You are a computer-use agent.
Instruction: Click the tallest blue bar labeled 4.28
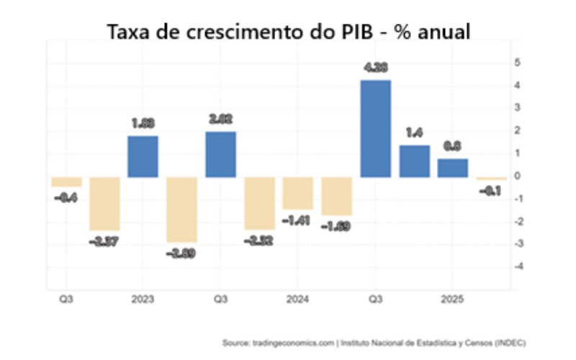(x=375, y=128)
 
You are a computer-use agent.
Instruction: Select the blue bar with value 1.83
(x=143, y=156)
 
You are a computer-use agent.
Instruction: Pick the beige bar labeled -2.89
(x=181, y=210)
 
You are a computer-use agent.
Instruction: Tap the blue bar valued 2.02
(x=220, y=154)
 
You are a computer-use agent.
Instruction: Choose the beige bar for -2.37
(x=104, y=204)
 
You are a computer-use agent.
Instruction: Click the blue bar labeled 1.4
(x=414, y=161)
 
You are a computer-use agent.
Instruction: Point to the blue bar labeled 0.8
(x=453, y=168)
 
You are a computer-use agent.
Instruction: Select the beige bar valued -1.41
(x=297, y=193)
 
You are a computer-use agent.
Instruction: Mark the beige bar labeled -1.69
(x=336, y=196)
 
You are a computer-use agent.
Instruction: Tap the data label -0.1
(x=492, y=191)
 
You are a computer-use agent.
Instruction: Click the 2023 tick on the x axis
(x=143, y=299)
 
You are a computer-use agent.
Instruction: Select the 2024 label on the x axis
(x=297, y=299)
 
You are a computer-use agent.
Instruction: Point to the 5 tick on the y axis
(x=516, y=63)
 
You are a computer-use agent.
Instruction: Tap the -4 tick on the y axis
(x=515, y=266)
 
